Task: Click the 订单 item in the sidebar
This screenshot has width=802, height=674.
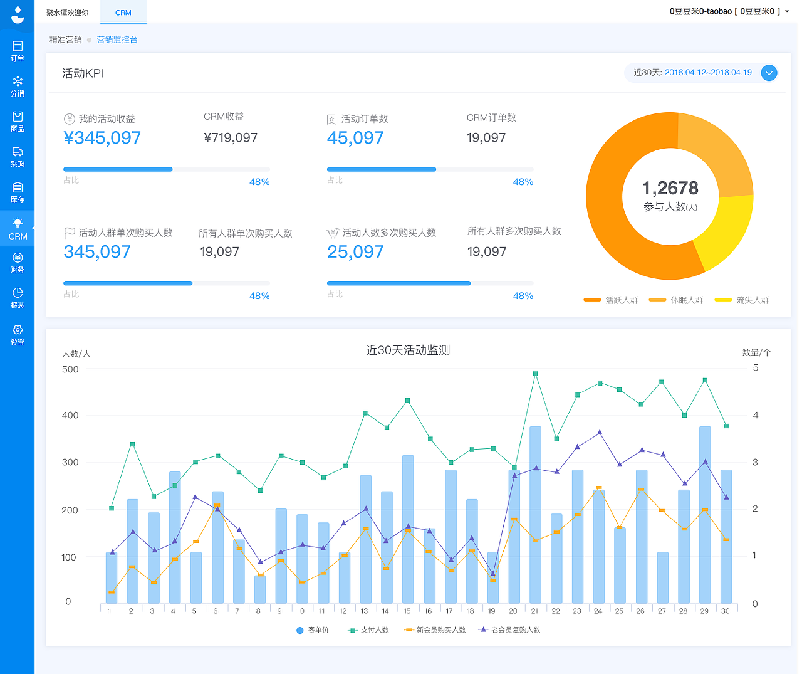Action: tap(18, 51)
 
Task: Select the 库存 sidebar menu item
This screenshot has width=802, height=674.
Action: tap(18, 192)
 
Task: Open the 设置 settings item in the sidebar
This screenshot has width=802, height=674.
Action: tap(18, 335)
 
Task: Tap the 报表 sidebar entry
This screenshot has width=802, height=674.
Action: tap(18, 298)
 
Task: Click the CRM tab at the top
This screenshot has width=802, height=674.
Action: tap(123, 13)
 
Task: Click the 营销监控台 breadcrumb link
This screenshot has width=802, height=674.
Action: tap(117, 39)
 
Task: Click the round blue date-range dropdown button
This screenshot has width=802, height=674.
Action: tap(769, 73)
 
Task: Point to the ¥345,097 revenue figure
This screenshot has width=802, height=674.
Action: tap(102, 138)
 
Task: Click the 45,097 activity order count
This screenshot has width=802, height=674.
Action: tap(355, 138)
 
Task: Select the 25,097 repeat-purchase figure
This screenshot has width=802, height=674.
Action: tap(355, 252)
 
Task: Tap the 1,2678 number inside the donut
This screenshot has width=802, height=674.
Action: tap(670, 188)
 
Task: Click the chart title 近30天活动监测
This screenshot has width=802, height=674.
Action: tap(408, 350)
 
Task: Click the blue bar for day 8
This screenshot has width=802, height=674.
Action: tap(260, 589)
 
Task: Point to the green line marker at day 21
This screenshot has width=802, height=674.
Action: tap(535, 374)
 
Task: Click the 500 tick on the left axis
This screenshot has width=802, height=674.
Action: tap(70, 369)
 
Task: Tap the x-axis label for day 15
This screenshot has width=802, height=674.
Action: tap(407, 611)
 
